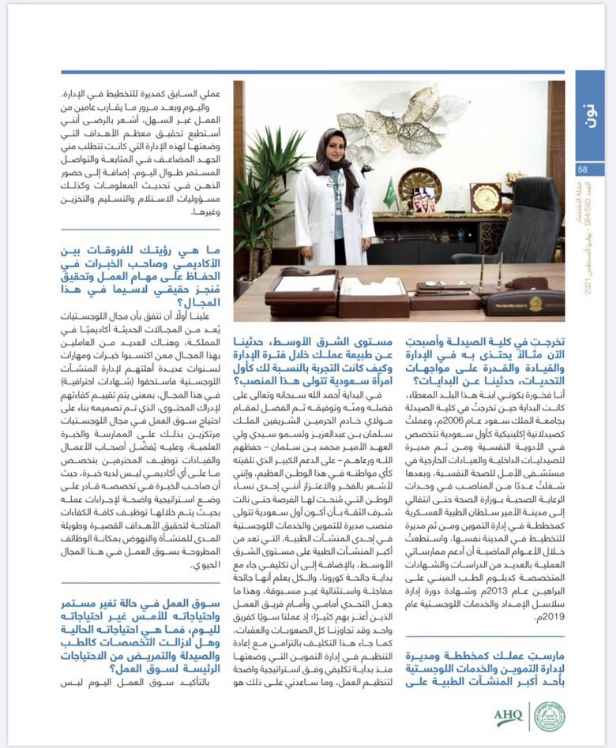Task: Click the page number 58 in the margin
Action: [x=582, y=169]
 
